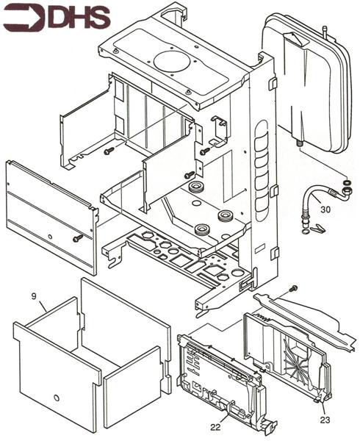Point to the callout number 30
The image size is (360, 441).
(326, 209)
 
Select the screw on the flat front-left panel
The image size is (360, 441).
(77, 237)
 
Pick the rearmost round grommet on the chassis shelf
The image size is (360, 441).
(196, 189)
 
